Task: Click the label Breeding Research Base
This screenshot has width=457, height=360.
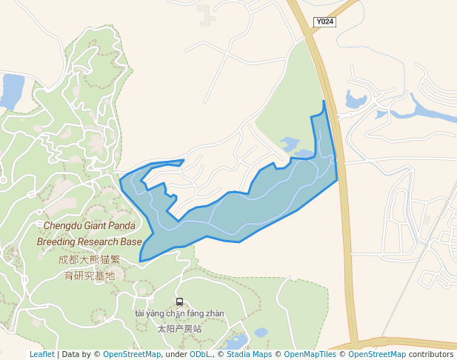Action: pyautogui.click(x=89, y=241)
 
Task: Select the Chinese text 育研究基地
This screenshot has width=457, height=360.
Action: pyautogui.click(x=89, y=276)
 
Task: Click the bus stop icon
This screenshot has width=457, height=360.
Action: pyautogui.click(x=179, y=301)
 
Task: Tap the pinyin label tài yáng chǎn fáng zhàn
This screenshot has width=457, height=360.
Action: pyautogui.click(x=179, y=313)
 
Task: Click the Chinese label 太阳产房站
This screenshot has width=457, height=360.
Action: pyautogui.click(x=179, y=327)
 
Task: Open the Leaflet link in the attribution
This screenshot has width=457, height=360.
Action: pyautogui.click(x=41, y=354)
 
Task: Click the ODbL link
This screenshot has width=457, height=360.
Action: pyautogui.click(x=199, y=354)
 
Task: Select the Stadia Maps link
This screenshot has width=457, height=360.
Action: pyautogui.click(x=249, y=354)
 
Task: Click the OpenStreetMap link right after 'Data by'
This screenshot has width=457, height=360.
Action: pyautogui.click(x=131, y=354)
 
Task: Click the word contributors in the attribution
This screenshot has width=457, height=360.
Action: pyautogui.click(x=430, y=354)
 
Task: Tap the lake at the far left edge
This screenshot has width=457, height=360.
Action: pyautogui.click(x=12, y=90)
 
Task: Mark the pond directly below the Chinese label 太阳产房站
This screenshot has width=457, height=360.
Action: pyautogui.click(x=237, y=342)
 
